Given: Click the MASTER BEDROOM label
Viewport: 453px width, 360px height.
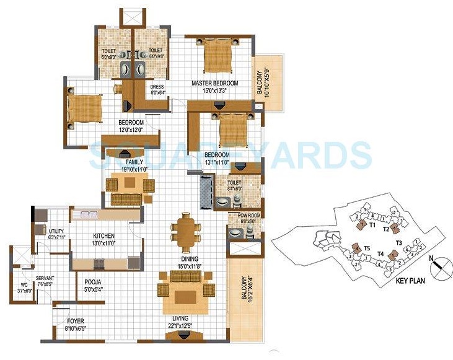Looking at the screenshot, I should coord(214,83).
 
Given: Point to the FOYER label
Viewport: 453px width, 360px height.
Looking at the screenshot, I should coord(75,320).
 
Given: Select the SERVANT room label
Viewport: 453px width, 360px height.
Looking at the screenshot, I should coord(45,278).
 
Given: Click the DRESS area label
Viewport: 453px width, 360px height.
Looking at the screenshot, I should coord(157,87).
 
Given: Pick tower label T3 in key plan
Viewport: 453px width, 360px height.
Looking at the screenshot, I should coord(399,242).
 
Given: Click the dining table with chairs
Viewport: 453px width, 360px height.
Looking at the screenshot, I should coord(185,230).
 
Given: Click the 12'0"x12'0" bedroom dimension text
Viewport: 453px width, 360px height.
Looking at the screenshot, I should coord(131,130).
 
